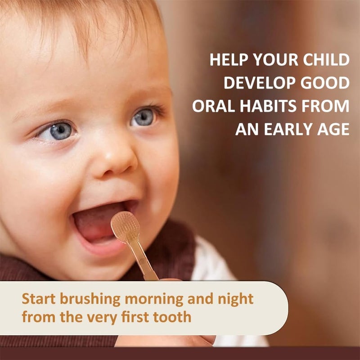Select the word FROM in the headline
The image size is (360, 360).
coord(328,106)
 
